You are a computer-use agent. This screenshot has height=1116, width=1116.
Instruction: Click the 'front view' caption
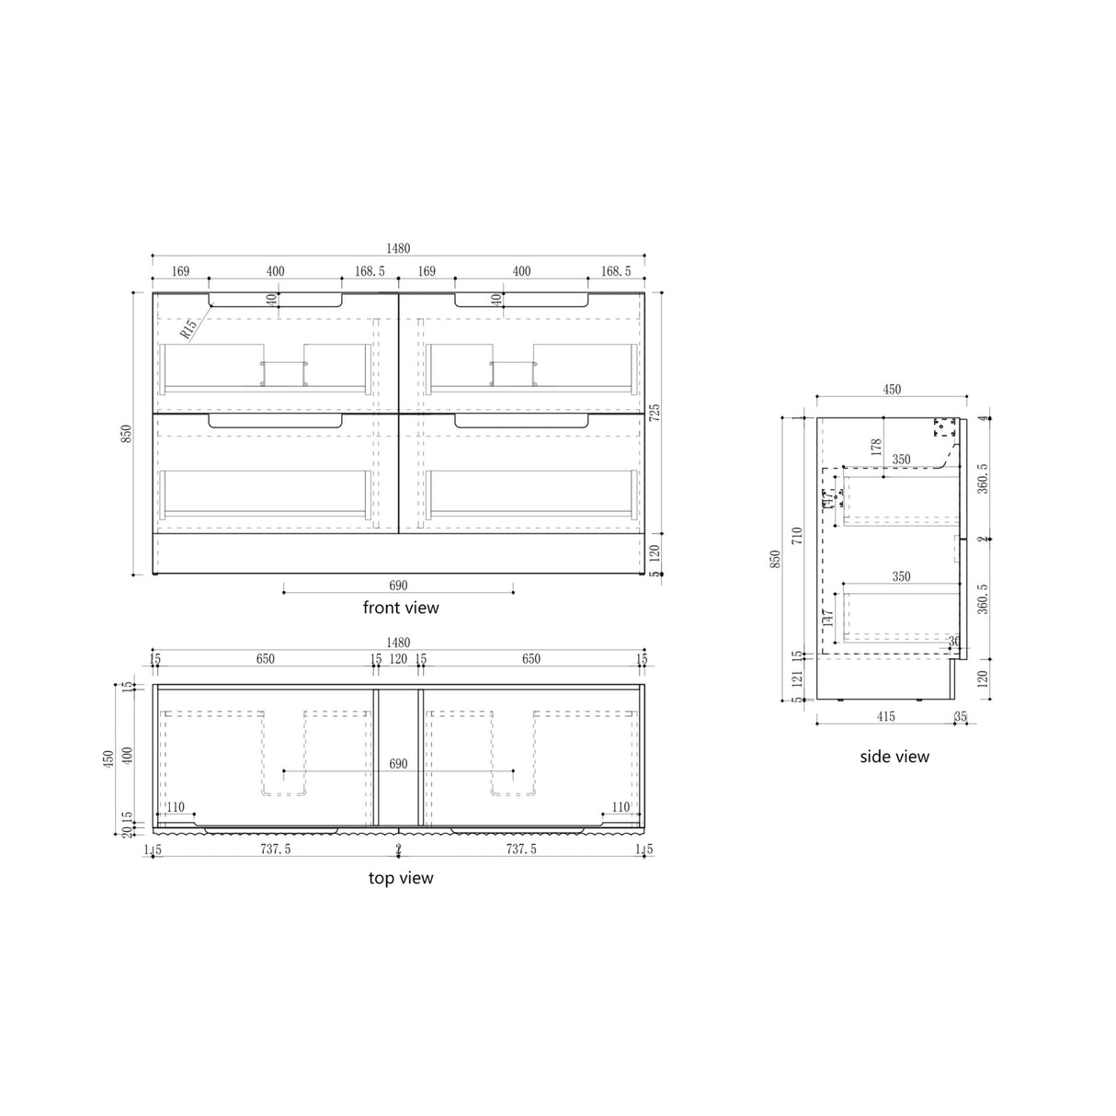pos(401,608)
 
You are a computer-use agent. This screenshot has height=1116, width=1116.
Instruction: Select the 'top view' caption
pos(401,878)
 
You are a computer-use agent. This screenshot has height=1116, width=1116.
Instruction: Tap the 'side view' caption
pos(894,757)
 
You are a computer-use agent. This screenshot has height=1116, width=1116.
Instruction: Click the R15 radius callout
pos(188,327)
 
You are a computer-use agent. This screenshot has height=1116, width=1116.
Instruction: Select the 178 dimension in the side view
pos(876,448)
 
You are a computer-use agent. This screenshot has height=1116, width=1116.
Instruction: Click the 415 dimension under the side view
pos(885,715)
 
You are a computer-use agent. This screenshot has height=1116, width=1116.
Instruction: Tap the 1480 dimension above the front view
pos(398,248)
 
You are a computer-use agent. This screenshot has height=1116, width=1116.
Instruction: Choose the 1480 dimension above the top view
pos(398,643)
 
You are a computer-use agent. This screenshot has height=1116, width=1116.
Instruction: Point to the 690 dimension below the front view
pos(398,585)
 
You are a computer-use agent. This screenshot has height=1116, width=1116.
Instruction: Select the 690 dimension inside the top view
pos(398,764)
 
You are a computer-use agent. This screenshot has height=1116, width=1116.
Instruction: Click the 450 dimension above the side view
pos(892,390)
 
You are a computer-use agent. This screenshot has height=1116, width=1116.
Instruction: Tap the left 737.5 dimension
pos(275,849)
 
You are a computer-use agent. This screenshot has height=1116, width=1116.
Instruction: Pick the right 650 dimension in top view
pos(531,659)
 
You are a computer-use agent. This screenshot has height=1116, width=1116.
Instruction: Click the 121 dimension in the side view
pos(796,678)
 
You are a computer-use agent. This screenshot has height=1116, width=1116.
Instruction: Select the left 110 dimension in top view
pos(175,807)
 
